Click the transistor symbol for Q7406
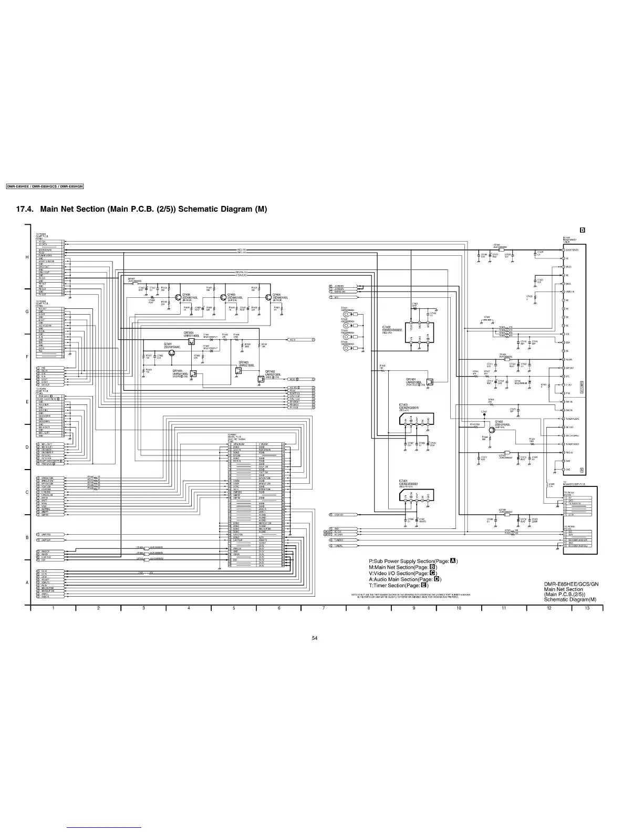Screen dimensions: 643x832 178,297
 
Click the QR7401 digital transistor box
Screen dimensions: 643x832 429,382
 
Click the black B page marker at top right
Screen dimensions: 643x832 582,230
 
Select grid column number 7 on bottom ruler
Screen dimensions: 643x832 324,608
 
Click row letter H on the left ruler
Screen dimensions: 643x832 27,257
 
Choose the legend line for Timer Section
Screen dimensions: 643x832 399,585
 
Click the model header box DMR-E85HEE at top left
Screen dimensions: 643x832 45,186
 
